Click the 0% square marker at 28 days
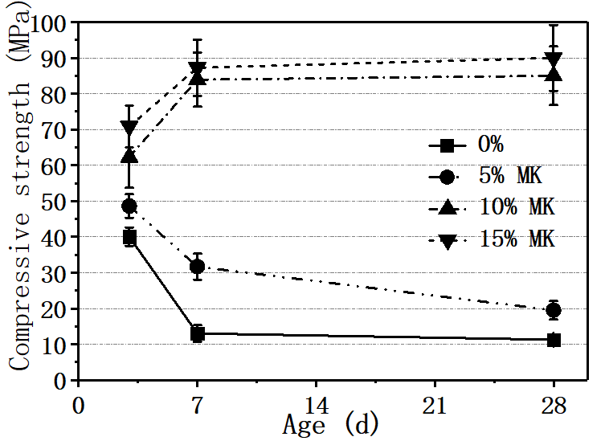coord(554,340)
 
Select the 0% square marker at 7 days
coord(198,333)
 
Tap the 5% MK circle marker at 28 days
coord(554,310)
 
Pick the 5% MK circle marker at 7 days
coord(198,267)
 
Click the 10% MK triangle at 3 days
coord(129,156)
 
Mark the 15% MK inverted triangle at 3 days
coord(129,128)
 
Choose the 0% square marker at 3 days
coord(129,237)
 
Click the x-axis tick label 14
coord(316,402)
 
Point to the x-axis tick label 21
coord(435,402)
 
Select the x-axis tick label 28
coord(554,402)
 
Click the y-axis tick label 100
coord(49,22)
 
